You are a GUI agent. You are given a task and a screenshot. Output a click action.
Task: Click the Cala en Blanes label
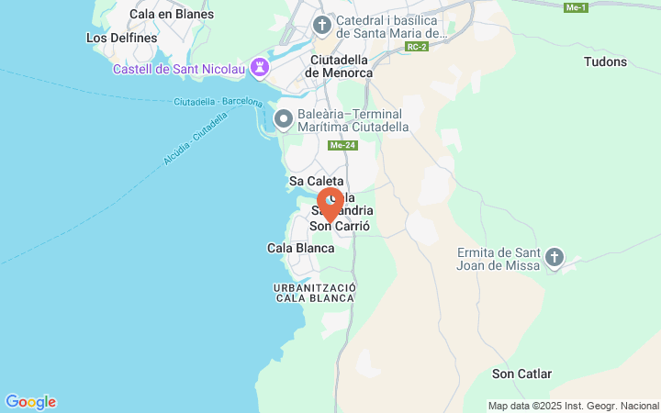coord(172,14)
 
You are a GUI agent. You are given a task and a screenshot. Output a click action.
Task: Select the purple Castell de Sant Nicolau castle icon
coord(261,67)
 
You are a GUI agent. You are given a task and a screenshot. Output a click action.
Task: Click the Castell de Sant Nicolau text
coord(179,69)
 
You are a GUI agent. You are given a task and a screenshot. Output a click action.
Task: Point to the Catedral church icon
coord(322,24)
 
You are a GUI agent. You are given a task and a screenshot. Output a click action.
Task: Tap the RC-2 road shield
coord(419,46)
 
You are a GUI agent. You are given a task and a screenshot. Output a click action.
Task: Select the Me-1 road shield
coord(577,7)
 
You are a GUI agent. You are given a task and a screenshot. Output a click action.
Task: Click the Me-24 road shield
coord(342,145)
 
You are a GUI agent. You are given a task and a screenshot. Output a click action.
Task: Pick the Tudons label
coord(605,62)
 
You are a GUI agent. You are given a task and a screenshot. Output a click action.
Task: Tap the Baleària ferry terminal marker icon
coord(285,118)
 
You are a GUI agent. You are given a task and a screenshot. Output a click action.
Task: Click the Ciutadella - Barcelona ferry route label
coord(218,101)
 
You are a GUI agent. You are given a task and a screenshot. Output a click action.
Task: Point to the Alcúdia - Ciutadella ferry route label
coord(196,140)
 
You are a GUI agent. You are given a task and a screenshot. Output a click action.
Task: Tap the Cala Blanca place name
coord(300,248)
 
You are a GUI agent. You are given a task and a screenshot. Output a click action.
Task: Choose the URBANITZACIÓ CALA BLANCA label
coord(315,293)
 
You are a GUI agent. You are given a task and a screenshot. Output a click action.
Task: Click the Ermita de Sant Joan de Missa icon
coord(554,258)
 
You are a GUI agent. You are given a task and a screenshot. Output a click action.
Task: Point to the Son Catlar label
coord(521,374)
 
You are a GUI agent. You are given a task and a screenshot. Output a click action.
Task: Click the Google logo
coord(31,402)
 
